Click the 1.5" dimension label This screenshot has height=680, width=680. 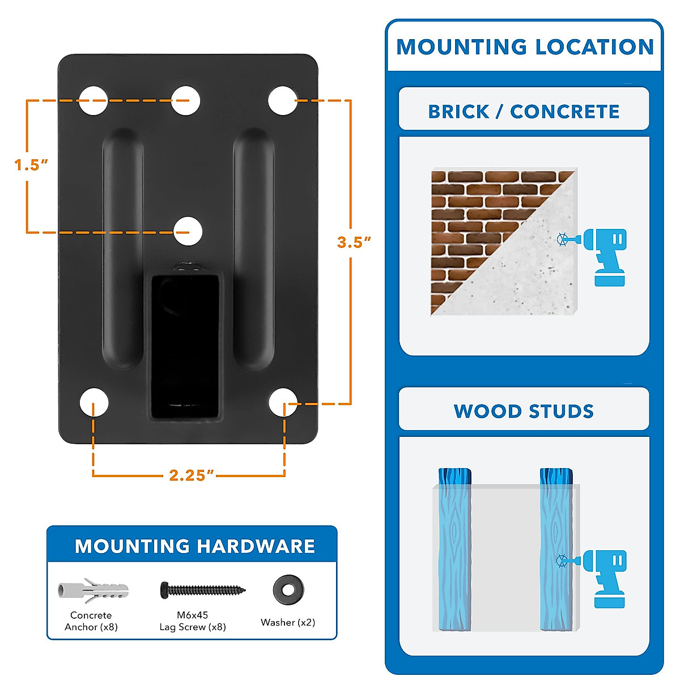pos(31,165)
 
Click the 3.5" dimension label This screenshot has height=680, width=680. pos(354,242)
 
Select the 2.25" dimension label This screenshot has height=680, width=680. pos(192,475)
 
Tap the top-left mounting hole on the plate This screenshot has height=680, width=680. pos(93,101)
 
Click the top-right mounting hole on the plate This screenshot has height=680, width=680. pos(282,101)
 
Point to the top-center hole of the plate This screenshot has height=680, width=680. pos(186,101)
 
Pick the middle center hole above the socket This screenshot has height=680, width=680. pos(188,231)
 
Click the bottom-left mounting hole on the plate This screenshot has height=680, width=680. pos(93,402)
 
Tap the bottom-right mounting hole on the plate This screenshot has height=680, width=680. pos(283,402)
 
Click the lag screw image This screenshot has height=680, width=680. pos(203,590)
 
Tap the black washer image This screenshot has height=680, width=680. pos(288,590)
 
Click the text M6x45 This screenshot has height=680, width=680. pos(193,615)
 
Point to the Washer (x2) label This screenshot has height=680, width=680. pos(288,622)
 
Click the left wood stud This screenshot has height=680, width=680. pos(454,550)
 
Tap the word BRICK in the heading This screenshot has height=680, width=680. pos(458,112)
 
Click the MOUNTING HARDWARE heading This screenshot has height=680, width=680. pos(195,546)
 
